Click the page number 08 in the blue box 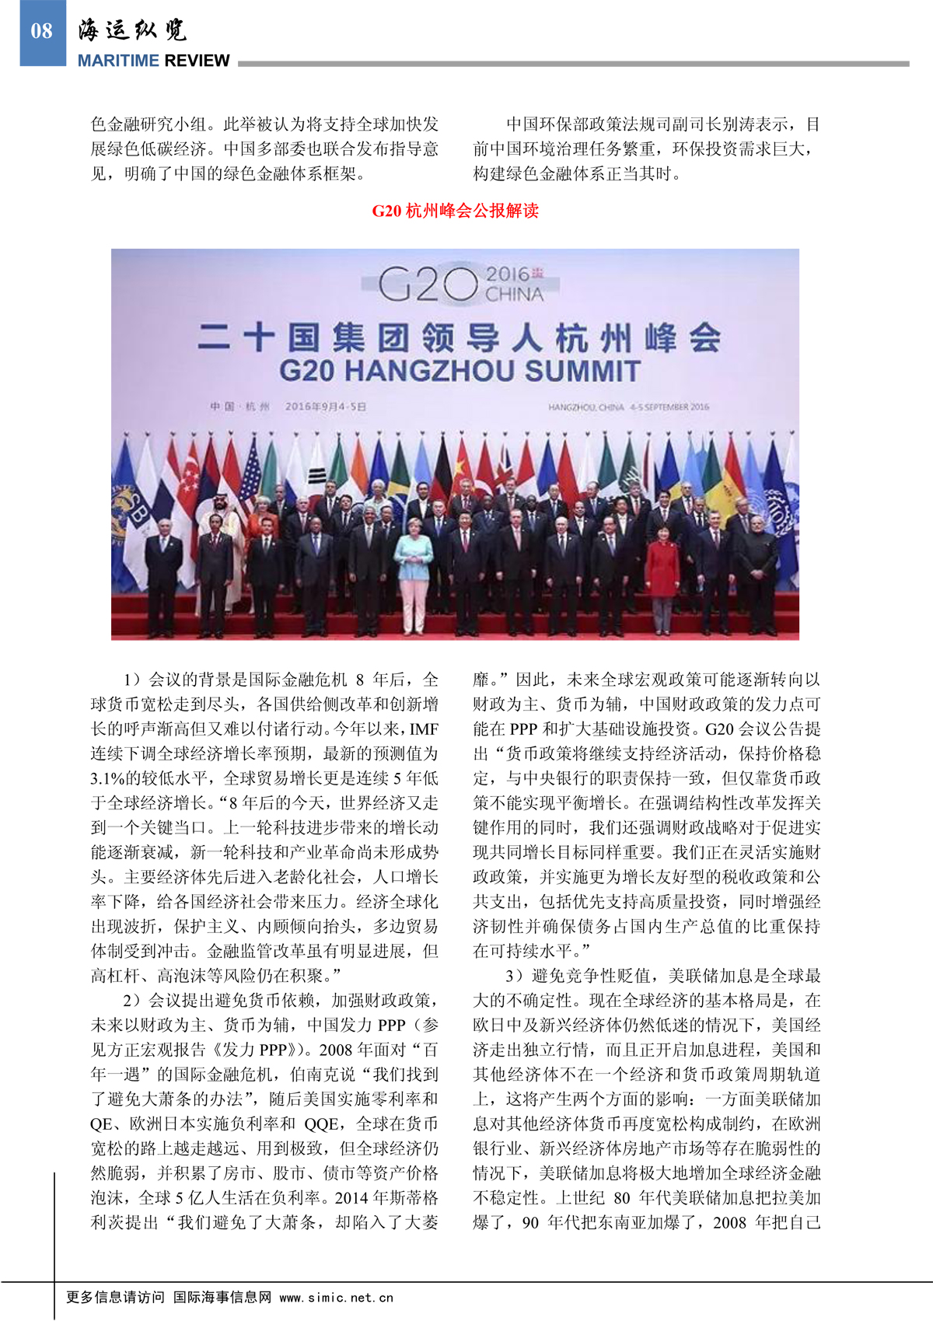pos(42,31)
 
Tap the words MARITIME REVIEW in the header pos(153,61)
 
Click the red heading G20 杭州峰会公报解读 pos(455,211)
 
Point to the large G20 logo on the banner pos(428,285)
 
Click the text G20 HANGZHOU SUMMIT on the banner pos(459,371)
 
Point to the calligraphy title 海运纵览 pos(132,30)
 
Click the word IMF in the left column pos(424,729)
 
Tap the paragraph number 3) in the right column pos(513,976)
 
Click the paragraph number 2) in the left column pos(131,1001)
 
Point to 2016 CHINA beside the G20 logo pos(514,285)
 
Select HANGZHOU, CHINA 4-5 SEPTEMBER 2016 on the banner pos(628,407)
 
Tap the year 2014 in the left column pos(351,1198)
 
